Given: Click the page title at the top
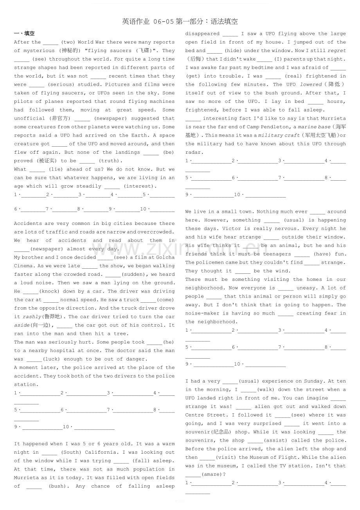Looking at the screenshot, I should (x=180, y=22).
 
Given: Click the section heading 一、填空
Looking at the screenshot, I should (x=24, y=34).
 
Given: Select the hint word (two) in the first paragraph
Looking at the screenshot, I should (x=68, y=42).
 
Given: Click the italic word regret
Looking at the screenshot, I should (x=337, y=51).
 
